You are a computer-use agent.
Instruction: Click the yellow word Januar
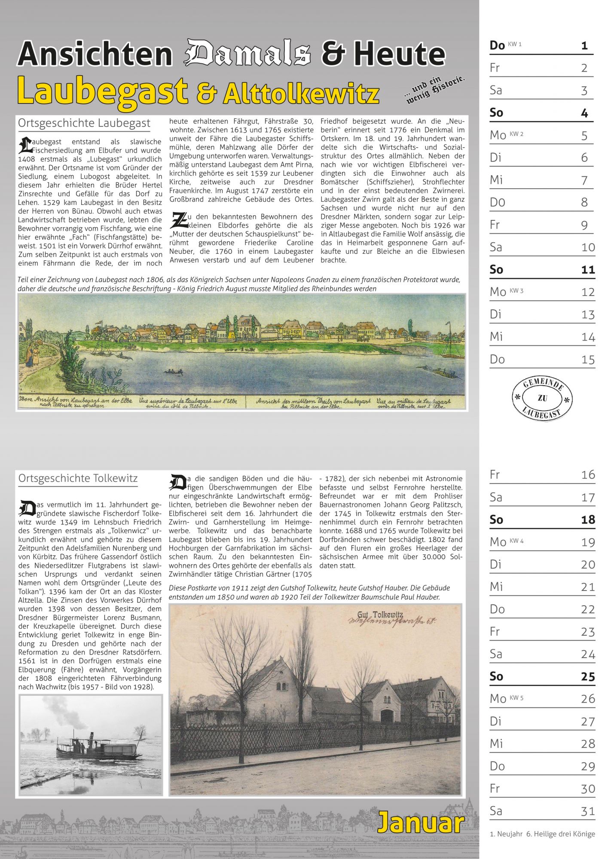tap(421, 823)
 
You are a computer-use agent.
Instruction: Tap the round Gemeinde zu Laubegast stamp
tap(542, 398)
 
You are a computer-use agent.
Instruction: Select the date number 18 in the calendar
tap(588, 520)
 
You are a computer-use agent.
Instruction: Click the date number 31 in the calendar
tap(588, 811)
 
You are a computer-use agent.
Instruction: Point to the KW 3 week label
tap(516, 291)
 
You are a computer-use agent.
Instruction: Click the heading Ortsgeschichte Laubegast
tap(84, 124)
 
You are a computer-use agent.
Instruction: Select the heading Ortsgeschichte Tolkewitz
tap(78, 478)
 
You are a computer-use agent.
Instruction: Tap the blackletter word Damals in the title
tap(247, 54)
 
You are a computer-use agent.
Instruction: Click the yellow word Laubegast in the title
tap(103, 91)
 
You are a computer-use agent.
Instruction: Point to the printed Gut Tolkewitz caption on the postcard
tap(380, 615)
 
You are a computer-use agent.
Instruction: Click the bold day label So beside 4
tap(496, 113)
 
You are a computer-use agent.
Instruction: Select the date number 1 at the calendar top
tap(584, 46)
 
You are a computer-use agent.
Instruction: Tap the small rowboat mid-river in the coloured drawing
tap(171, 371)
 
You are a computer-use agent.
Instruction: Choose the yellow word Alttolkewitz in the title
tap(301, 94)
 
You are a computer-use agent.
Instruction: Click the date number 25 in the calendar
tap(588, 676)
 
